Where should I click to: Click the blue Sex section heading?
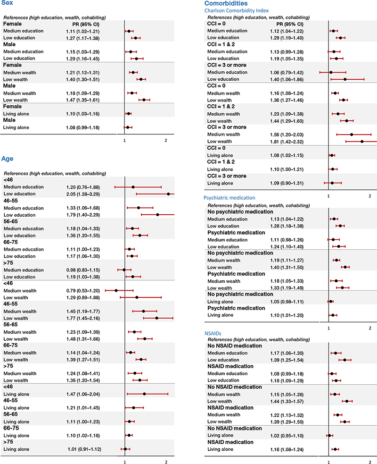pyautogui.click(x=7, y=3)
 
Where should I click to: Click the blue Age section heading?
pyautogui.click(x=8, y=159)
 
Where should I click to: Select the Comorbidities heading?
pyautogui.click(x=226, y=3)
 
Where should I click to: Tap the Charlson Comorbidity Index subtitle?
pyautogui.click(x=237, y=11)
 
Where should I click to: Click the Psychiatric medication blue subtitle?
pyautogui.click(x=229, y=198)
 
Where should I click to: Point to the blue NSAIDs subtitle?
pyautogui.click(x=213, y=334)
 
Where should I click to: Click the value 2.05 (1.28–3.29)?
pyautogui.click(x=83, y=194)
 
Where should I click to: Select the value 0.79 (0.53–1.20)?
pyautogui.click(x=83, y=291)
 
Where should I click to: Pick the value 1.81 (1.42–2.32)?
pyautogui.click(x=287, y=142)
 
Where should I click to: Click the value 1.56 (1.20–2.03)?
pyautogui.click(x=287, y=135)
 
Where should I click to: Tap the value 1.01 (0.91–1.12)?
pyautogui.click(x=84, y=449)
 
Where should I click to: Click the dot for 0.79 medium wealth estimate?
pyautogui.click(x=116, y=291)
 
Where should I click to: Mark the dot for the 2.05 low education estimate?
pyautogui.click(x=168, y=194)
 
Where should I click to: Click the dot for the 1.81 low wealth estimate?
pyautogui.click(x=362, y=142)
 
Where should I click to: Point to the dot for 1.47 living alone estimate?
pyautogui.click(x=144, y=394)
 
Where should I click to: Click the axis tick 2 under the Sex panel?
pyautogui.click(x=166, y=141)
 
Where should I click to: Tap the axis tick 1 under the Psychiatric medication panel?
pyautogui.click(x=328, y=328)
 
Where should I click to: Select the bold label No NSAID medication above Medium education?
pyautogui.click(x=235, y=346)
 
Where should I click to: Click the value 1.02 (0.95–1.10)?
pyautogui.click(x=287, y=436)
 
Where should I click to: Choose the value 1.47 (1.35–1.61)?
pyautogui.click(x=83, y=100)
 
